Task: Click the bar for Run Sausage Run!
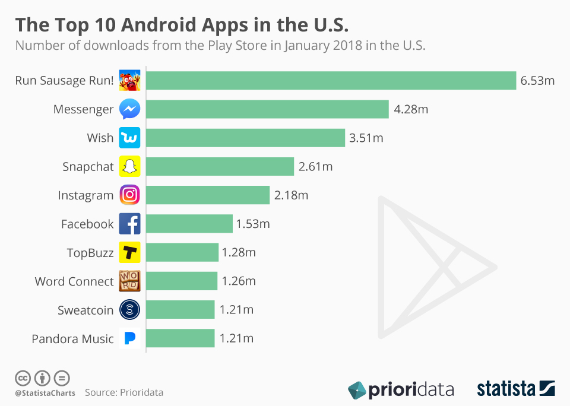click(x=331, y=81)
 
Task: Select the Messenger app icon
click(x=129, y=109)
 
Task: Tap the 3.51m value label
click(x=366, y=138)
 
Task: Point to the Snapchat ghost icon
click(x=129, y=167)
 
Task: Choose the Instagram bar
click(x=208, y=195)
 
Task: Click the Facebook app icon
click(x=129, y=224)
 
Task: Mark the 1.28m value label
click(x=239, y=253)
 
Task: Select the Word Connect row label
click(x=74, y=281)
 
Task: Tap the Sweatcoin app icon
click(x=129, y=310)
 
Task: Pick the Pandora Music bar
click(x=180, y=338)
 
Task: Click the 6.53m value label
click(x=537, y=81)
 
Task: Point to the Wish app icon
click(x=129, y=138)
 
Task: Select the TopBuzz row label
click(x=90, y=253)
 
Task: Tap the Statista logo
click(x=515, y=389)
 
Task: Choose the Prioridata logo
click(x=401, y=390)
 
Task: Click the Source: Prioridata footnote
click(x=124, y=392)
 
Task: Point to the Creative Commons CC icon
click(x=23, y=378)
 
